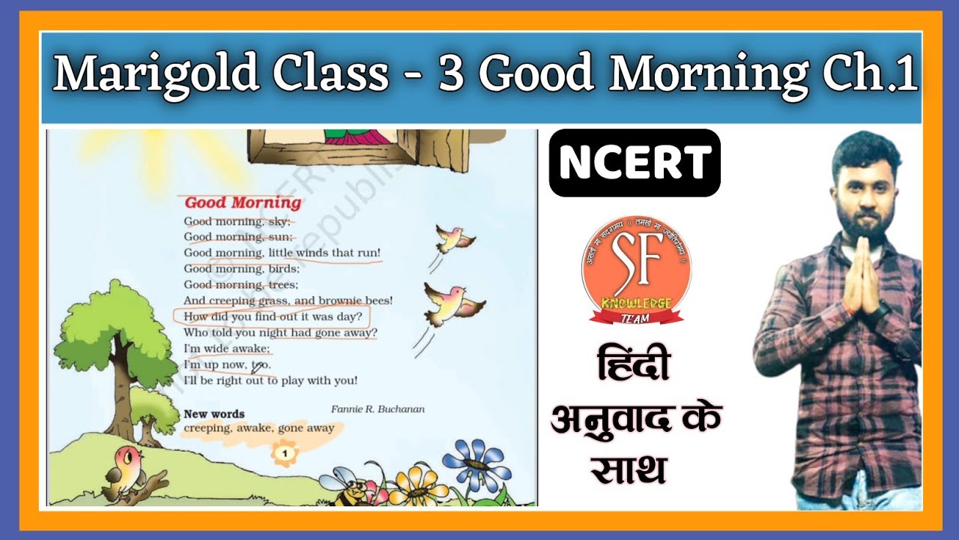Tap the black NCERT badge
(x=635, y=163)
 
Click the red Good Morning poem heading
(x=243, y=202)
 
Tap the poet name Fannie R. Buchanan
(x=378, y=409)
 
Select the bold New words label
(x=214, y=414)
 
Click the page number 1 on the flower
(x=285, y=452)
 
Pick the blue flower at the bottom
(x=477, y=464)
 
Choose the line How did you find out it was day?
(x=273, y=316)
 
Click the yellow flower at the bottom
(x=418, y=487)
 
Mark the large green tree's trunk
(x=119, y=390)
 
